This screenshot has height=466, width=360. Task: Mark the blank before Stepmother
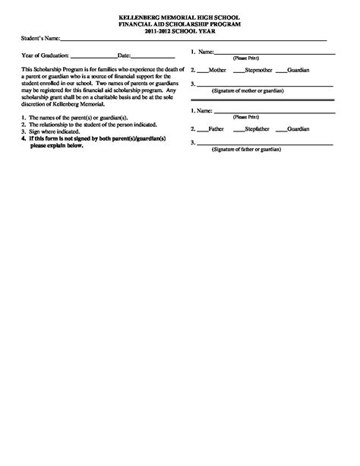tap(238, 70)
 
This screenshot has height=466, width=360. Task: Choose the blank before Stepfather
tap(238, 129)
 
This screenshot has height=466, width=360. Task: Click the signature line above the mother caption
tap(266, 84)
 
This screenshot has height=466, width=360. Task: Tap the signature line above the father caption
tap(266, 144)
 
